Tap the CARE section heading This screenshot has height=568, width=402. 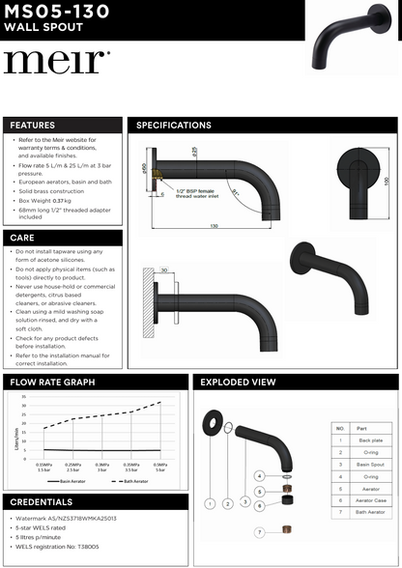pyautogui.click(x=23, y=237)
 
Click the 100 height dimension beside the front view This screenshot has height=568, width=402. pyautogui.click(x=386, y=181)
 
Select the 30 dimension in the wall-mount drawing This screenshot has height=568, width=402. pyautogui.click(x=164, y=271)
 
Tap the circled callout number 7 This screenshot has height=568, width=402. pyautogui.click(x=259, y=532)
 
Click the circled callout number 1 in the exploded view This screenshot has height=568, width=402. pyautogui.click(x=210, y=503)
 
